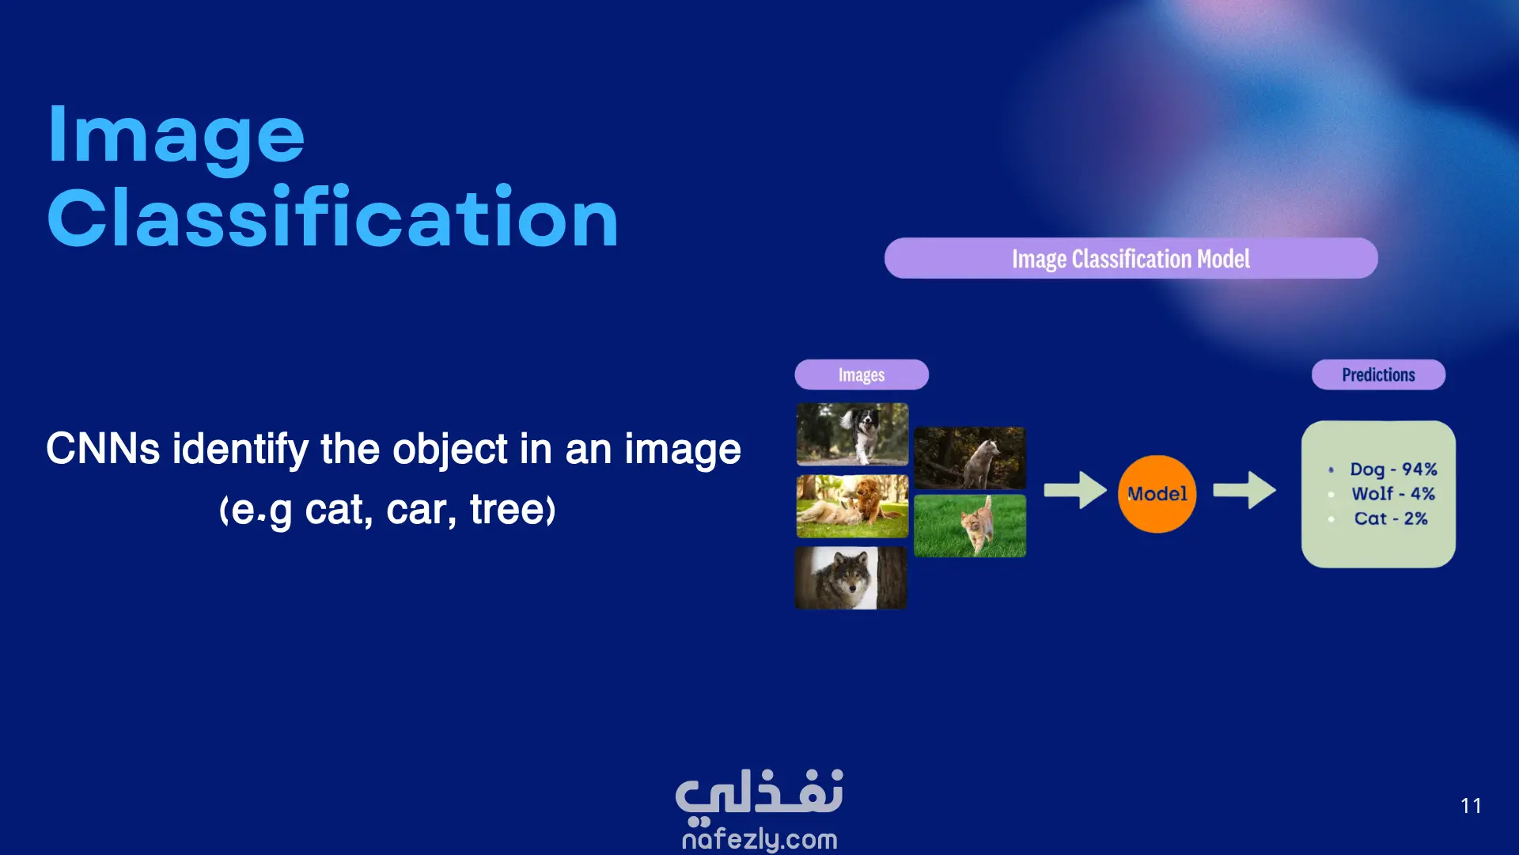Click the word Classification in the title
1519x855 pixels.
[x=332, y=215]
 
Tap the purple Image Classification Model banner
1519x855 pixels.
[x=1131, y=258]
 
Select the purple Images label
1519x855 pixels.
[x=862, y=374]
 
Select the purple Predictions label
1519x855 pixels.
[x=1378, y=374]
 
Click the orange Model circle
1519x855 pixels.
[x=1157, y=494]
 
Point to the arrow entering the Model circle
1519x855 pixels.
[x=1075, y=490]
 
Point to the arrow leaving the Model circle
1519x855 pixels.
[x=1244, y=490]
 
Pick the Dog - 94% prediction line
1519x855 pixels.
[x=1393, y=469]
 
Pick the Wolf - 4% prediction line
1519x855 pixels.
[x=1393, y=494]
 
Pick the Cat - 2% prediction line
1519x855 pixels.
[x=1391, y=519]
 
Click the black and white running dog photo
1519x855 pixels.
[x=852, y=434]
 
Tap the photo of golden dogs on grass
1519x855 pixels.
[x=852, y=506]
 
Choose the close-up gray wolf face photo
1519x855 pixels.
[x=851, y=578]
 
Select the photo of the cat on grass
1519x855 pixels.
[x=970, y=526]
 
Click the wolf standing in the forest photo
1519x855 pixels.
[x=970, y=458]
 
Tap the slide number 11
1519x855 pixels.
[x=1471, y=806]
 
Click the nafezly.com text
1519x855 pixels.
[x=759, y=838]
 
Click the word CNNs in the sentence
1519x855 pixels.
[x=103, y=449]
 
